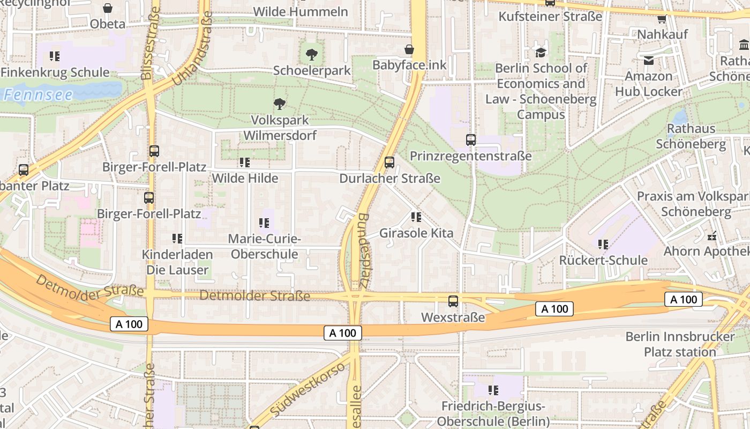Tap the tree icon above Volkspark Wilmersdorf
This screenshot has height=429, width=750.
coord(279,103)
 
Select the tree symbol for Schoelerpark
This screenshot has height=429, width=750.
coord(311,54)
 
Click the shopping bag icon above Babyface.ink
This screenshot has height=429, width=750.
coord(409,49)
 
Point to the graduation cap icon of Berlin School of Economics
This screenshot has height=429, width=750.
coord(541,52)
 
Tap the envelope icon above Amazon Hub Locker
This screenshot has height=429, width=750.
coord(649,60)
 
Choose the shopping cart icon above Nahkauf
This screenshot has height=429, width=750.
coord(662,19)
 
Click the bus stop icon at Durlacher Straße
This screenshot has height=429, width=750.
coord(389,162)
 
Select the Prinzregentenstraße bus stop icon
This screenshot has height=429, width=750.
coord(471,139)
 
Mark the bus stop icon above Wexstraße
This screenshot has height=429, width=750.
coord(453,301)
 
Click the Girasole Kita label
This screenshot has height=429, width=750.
coord(416,233)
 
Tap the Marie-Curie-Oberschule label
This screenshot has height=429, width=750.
coord(264,246)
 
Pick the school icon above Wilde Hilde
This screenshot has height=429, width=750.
coord(245,162)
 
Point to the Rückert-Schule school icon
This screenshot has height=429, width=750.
coord(603,245)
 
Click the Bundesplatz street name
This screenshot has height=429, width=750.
coord(363,250)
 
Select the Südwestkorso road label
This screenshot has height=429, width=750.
coord(307,390)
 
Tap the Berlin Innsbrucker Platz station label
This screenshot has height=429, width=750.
coord(680,344)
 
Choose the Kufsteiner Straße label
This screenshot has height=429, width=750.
coord(550,17)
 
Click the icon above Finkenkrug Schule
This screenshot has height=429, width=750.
coord(54,56)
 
